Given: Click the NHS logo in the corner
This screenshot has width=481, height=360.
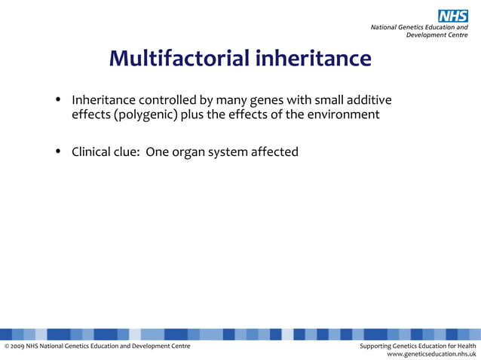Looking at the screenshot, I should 453,16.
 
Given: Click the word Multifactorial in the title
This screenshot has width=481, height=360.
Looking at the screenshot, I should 179,58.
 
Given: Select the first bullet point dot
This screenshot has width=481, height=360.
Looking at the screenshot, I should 58,100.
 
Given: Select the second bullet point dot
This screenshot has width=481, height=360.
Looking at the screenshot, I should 58,152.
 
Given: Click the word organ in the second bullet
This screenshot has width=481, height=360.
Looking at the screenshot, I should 181,152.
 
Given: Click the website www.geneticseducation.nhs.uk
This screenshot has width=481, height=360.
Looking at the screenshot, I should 431,353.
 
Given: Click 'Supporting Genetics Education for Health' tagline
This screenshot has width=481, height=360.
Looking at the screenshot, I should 418,346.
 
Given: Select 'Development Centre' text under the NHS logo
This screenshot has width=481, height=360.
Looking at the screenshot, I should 437,35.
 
